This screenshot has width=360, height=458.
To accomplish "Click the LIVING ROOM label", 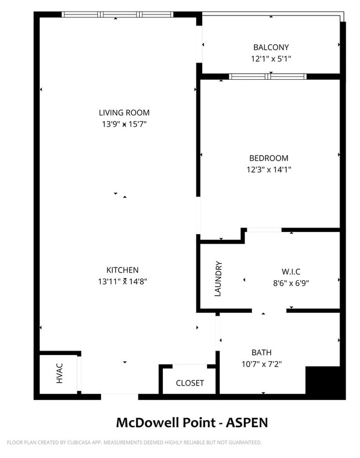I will click(124, 113).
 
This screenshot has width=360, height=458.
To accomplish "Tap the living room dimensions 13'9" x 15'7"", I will click(124, 124).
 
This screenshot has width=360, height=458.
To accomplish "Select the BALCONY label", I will click(271, 48).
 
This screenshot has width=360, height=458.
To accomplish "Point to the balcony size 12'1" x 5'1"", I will click(271, 58).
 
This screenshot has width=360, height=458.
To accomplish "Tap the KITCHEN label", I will click(122, 270).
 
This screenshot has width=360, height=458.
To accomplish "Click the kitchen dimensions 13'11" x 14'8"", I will click(122, 281).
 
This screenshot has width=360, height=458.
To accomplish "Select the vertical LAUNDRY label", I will click(218, 279).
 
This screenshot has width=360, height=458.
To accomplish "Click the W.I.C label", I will click(291, 271).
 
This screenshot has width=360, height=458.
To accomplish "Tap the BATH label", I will click(261, 352).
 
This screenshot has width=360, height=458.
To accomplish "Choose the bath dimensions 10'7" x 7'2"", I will click(261, 364).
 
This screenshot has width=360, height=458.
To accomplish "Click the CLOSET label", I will click(190, 383).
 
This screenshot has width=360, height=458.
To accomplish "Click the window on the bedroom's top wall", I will click(268, 76).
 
